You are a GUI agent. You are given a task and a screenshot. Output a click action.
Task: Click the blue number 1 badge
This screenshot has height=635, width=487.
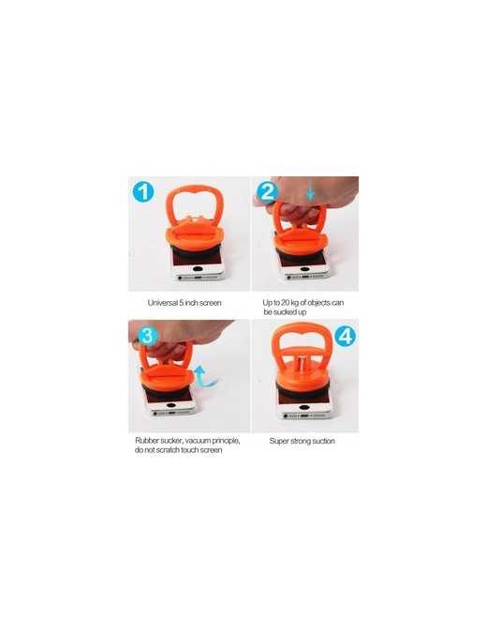click(143, 191)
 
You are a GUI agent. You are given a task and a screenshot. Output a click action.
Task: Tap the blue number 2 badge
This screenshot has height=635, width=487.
click(267, 192)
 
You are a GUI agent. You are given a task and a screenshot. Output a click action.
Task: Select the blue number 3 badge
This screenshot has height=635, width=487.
click(148, 336)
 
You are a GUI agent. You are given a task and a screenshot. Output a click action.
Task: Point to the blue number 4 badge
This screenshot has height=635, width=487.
click(346, 336)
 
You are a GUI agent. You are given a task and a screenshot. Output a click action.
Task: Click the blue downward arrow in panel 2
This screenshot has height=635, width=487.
click(310, 190)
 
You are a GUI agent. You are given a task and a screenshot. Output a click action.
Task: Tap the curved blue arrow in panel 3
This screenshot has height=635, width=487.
click(205, 377)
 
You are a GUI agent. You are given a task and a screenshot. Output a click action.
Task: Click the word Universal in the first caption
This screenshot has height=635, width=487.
click(163, 303)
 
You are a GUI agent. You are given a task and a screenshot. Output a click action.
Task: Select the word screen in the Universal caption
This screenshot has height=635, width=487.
click(210, 303)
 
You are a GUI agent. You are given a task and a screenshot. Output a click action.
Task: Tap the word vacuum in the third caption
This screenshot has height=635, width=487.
click(199, 441)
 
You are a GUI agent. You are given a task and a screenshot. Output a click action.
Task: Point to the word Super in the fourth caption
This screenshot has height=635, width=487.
click(279, 441)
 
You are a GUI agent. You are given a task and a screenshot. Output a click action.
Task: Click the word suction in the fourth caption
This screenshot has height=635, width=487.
click(323, 441)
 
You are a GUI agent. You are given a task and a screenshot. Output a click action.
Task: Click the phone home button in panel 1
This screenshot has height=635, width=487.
click(199, 268)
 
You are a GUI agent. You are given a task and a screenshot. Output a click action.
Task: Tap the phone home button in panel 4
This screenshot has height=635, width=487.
click(305, 407)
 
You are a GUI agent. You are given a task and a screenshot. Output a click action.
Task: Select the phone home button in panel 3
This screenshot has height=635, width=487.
click(170, 405)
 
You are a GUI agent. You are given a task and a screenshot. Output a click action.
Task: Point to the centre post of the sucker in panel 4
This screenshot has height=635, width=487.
click(303, 365)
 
